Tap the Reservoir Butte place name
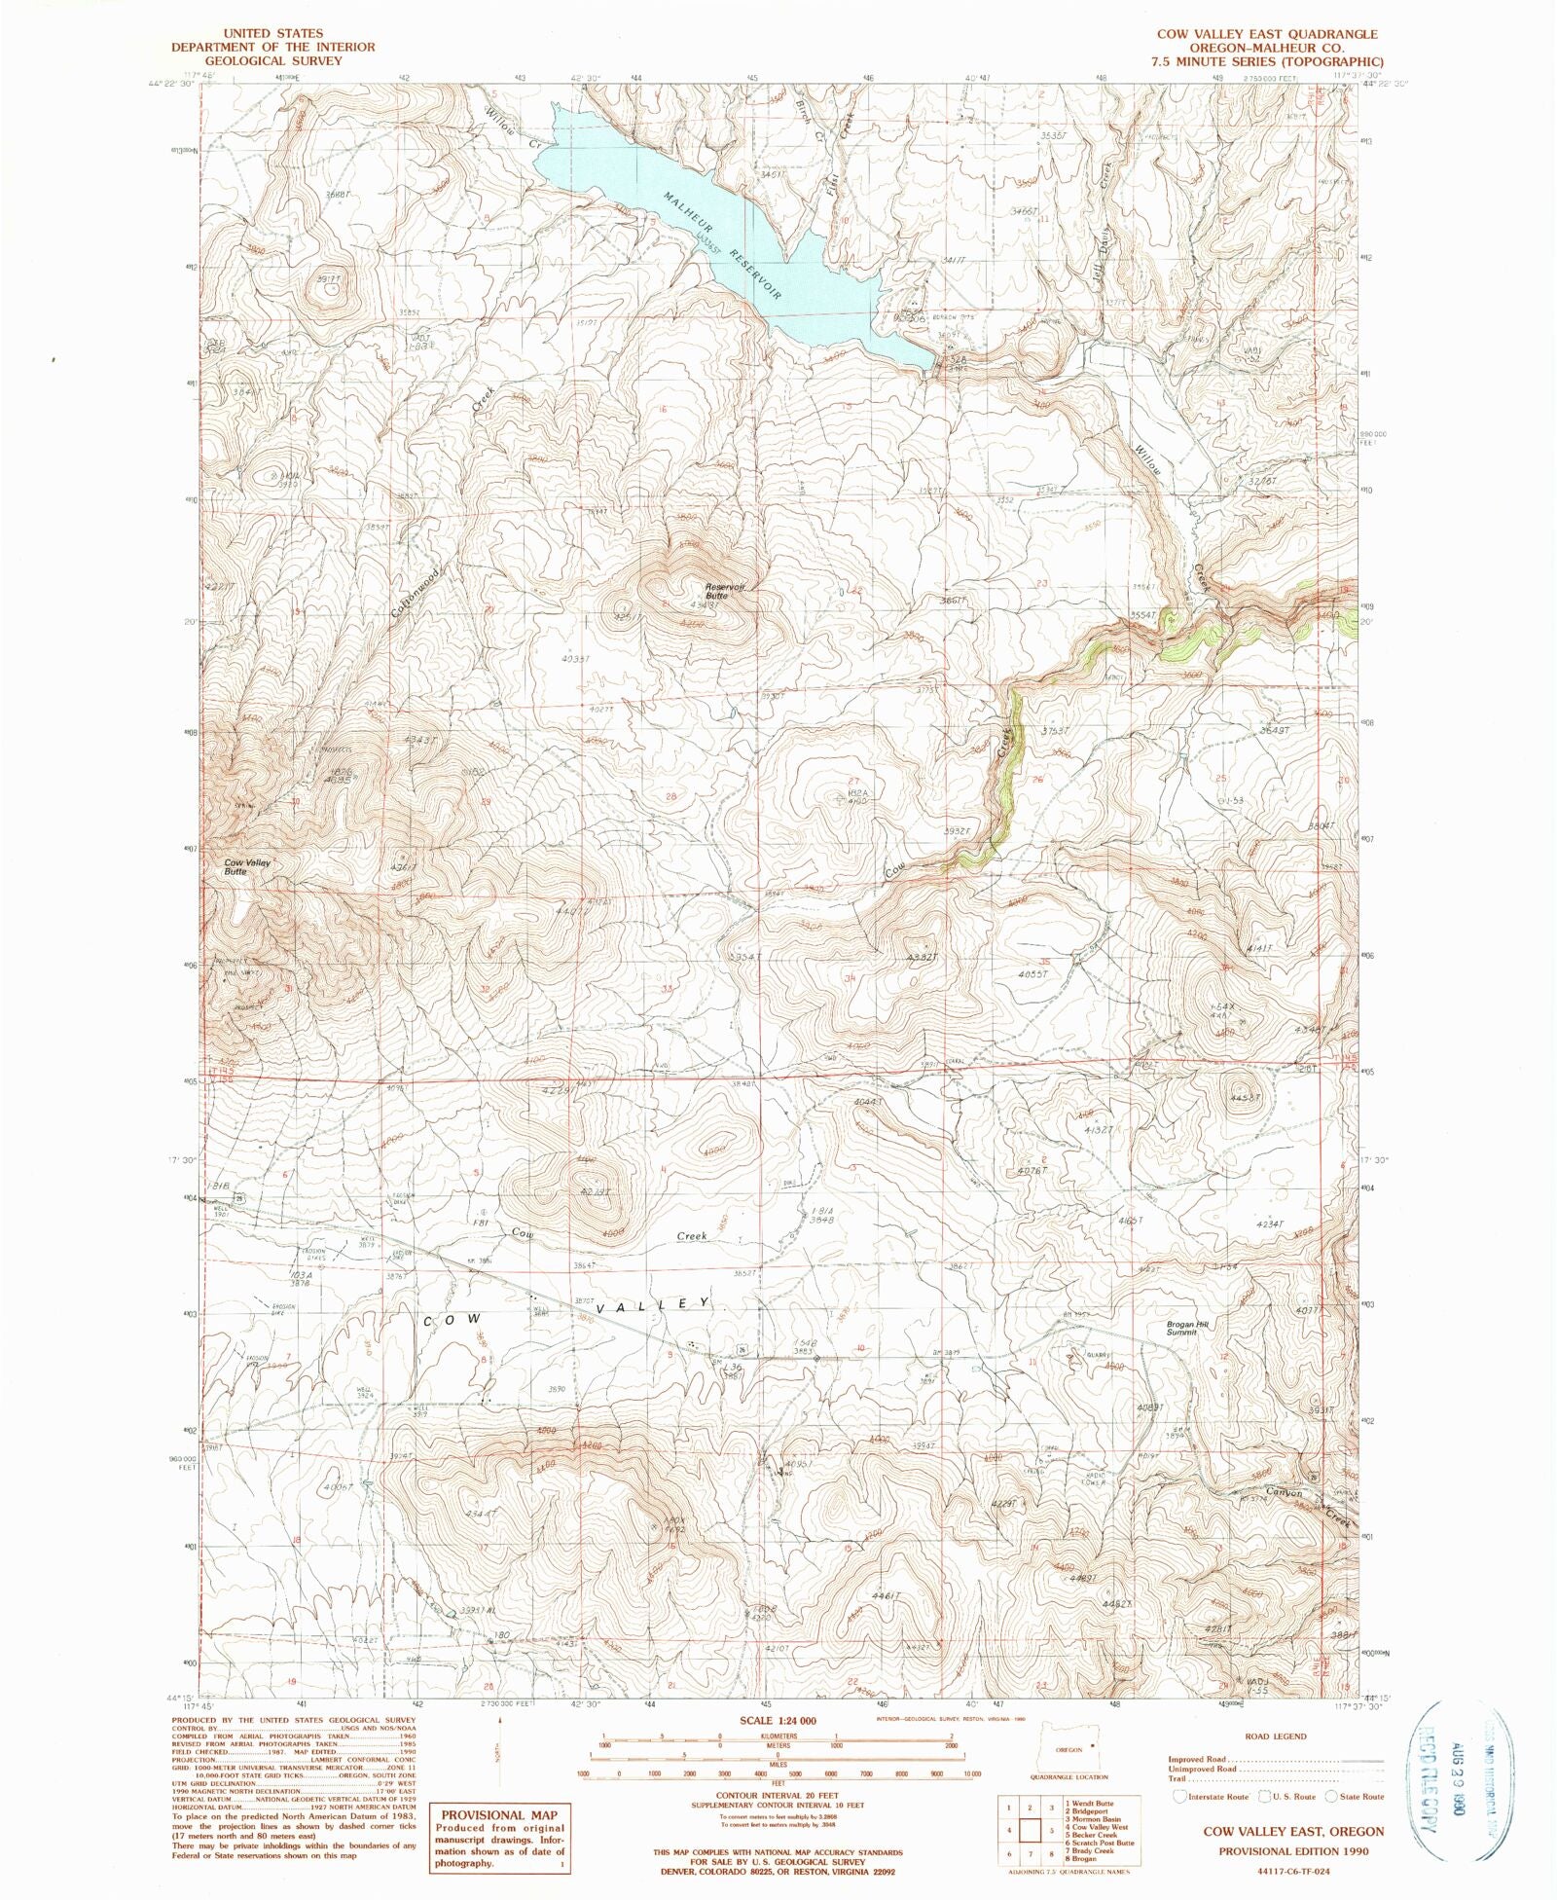pos(725,590)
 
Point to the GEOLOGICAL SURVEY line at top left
pos(258,60)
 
